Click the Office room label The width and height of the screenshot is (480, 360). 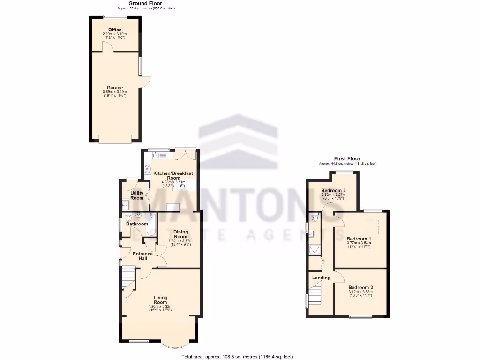coord(115,30)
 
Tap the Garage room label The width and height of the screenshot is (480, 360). coord(115,88)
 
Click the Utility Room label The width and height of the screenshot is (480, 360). coord(137,195)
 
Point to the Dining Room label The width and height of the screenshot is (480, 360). coord(180,234)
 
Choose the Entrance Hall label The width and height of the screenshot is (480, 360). coord(142,256)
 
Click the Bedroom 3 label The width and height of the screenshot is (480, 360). coord(333,190)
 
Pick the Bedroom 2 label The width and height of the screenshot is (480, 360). coord(360,287)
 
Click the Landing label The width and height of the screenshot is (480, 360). coord(322,278)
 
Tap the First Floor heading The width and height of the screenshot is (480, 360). coord(347,158)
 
